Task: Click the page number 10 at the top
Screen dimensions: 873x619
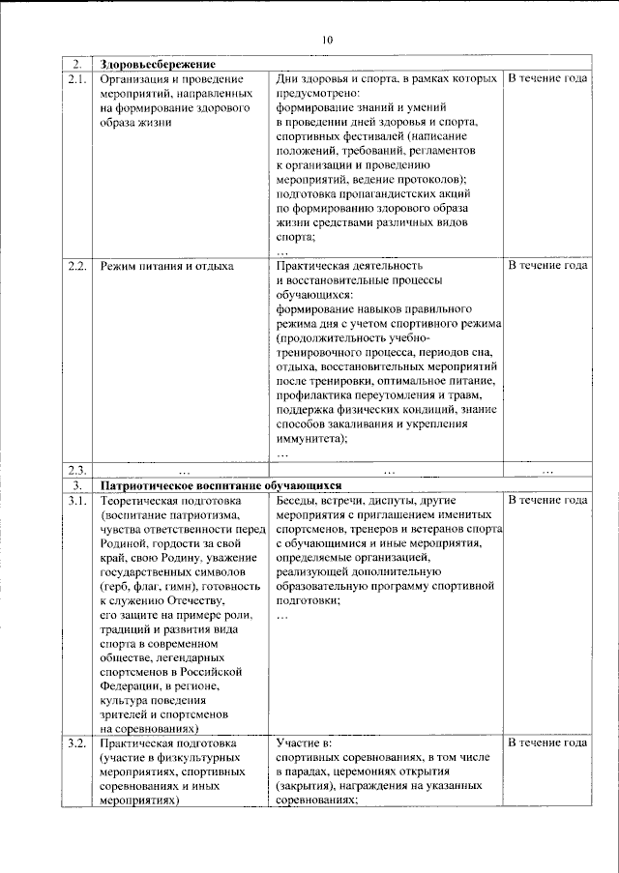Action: [326, 40]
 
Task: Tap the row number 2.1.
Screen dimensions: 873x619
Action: [78, 77]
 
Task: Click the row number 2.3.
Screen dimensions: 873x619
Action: [78, 470]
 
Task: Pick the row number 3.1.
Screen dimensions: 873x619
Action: [78, 500]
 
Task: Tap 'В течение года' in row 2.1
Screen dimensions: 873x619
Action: [548, 77]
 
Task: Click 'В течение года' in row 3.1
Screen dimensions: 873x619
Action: [548, 500]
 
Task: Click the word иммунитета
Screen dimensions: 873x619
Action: [310, 437]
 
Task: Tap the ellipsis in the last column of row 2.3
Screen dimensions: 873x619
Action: [548, 471]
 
